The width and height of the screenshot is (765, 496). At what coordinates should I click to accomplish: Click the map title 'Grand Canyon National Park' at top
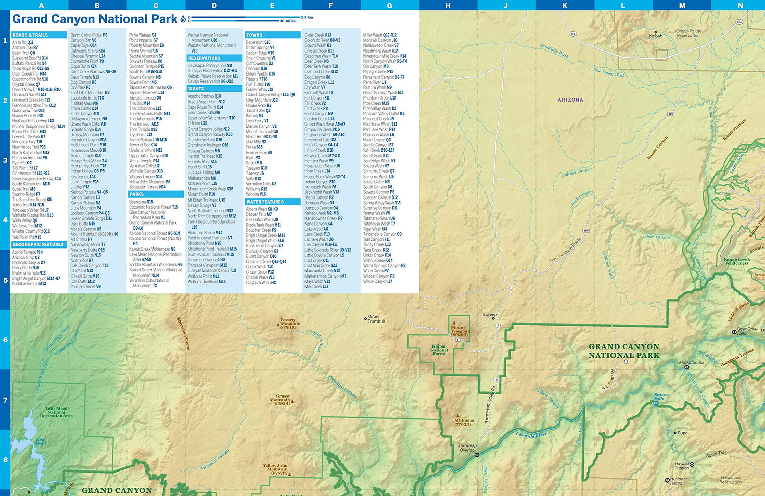[95, 19]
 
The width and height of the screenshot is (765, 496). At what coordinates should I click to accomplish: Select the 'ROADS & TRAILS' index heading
[30, 35]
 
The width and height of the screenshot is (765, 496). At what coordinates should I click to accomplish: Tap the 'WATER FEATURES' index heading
[265, 202]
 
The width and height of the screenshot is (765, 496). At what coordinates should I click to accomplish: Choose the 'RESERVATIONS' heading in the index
[204, 58]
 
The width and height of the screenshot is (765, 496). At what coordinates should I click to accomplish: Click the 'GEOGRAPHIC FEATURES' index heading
[38, 245]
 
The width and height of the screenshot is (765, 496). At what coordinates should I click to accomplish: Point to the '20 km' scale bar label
[307, 17]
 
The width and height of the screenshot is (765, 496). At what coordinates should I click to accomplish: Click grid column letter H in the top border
[448, 5]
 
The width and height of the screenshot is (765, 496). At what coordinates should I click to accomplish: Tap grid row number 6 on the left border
[5, 340]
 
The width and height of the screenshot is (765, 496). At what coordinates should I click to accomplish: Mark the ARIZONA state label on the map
[570, 100]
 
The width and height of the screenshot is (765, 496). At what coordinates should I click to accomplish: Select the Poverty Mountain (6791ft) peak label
[290, 324]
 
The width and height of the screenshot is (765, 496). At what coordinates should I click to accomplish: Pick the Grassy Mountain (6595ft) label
[282, 400]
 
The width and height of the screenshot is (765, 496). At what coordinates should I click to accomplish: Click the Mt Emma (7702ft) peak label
[464, 422]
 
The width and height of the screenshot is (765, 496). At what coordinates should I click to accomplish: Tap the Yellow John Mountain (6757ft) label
[275, 469]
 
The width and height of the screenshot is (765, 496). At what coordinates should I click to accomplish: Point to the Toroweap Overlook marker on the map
[477, 454]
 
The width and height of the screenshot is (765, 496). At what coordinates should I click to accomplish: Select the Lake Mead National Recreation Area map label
[56, 412]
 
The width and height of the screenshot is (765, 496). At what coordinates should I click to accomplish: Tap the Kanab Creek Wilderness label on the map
[736, 261]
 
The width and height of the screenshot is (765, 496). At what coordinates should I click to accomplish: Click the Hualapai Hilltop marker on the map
[667, 480]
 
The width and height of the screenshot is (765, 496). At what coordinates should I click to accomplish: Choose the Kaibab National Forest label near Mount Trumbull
[439, 350]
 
